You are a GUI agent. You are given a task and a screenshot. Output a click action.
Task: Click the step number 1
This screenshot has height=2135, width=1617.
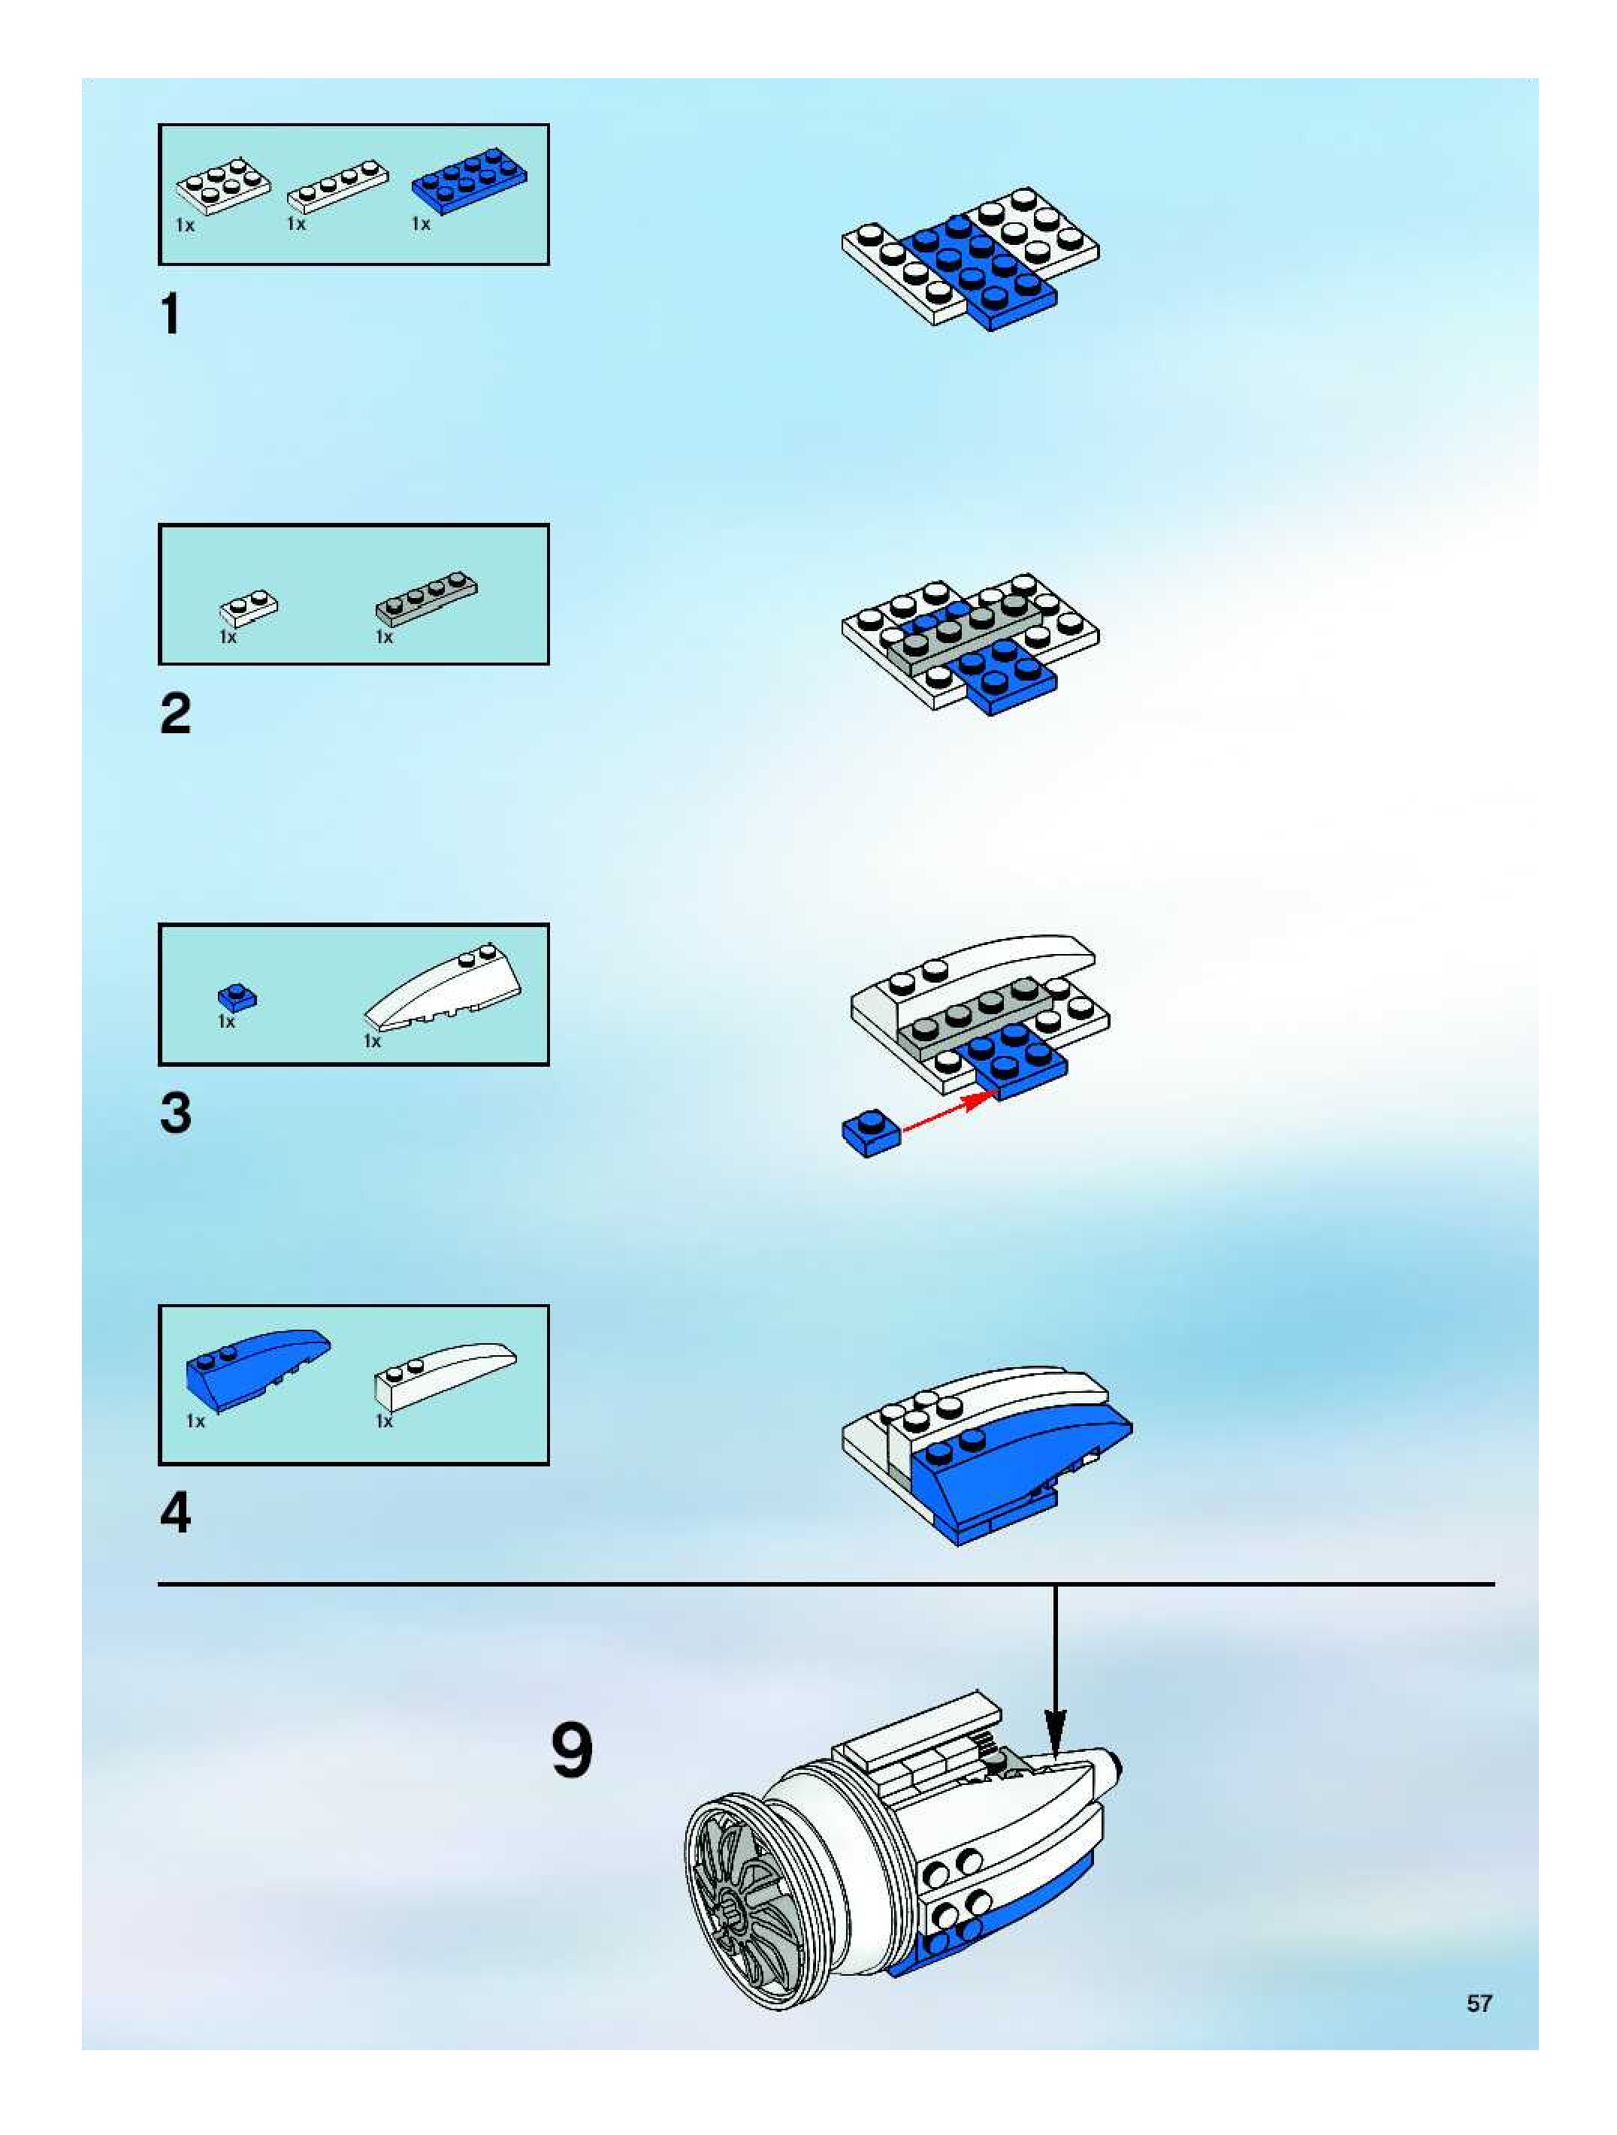[171, 314]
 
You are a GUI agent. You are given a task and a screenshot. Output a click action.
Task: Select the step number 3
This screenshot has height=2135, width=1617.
[176, 1113]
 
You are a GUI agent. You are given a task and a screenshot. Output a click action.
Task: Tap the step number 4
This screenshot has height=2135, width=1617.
[176, 1512]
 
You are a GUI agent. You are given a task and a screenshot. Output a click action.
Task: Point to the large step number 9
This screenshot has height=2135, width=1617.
[573, 1751]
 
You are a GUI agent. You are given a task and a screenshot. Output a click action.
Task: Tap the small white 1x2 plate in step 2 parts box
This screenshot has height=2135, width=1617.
[249, 607]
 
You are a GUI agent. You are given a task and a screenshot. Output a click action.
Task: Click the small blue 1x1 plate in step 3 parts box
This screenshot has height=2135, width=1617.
[237, 997]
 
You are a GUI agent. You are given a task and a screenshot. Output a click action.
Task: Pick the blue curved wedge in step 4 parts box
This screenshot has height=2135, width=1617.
[257, 1369]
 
